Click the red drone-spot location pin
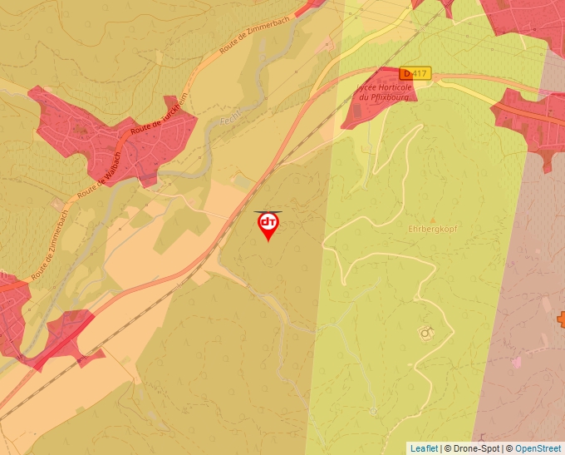coord(268,225)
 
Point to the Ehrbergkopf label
coord(433,228)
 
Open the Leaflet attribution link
coord(424,448)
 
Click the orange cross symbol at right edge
coord(561,319)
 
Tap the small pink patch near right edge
coord(518,362)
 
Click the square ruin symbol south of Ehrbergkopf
coord(426,333)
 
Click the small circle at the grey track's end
coord(373,410)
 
